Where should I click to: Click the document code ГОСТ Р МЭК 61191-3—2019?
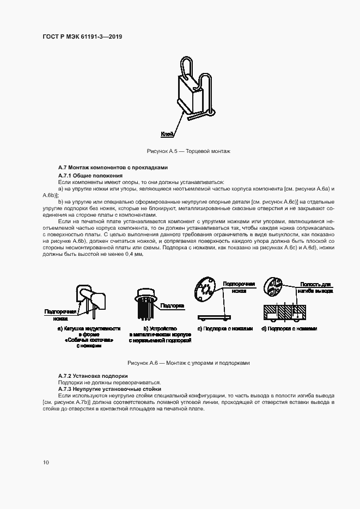coord(82,36)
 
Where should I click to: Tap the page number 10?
coord(46,463)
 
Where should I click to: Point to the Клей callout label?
coord(167,133)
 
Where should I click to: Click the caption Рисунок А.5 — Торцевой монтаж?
coord(188,150)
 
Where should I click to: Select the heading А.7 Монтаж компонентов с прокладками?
coord(113,167)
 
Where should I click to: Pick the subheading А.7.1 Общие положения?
coord(90,176)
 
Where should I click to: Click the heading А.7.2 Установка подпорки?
coord(93,376)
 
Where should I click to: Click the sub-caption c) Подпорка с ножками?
coord(225,329)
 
